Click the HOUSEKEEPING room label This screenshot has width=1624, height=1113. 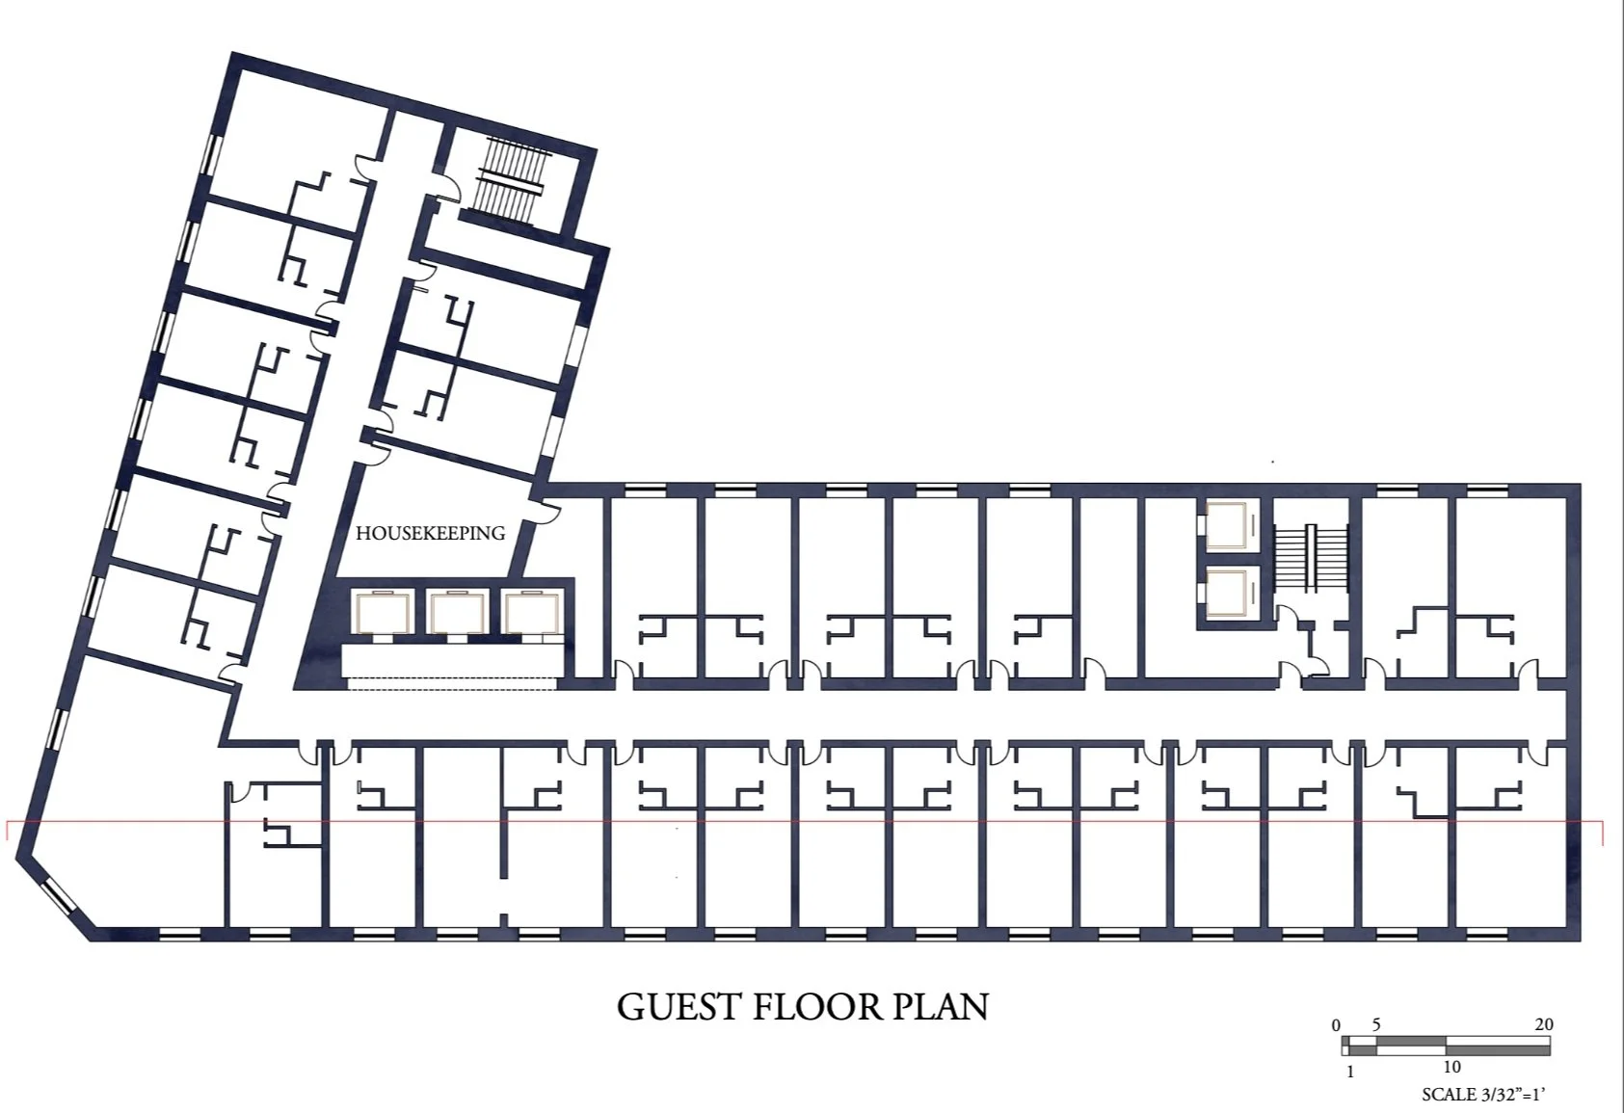tap(430, 533)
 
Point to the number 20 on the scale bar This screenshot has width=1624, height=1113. tap(1544, 1024)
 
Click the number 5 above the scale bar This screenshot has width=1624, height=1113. tap(1376, 1024)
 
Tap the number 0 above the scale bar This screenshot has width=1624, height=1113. tap(1336, 1026)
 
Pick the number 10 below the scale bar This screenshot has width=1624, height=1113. tap(1451, 1068)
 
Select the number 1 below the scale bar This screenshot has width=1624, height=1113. tap(1350, 1072)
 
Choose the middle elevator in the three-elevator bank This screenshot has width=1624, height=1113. tap(457, 613)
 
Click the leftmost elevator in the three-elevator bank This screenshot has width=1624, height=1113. tap(384, 613)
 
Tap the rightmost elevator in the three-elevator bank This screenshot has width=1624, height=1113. tap(531, 613)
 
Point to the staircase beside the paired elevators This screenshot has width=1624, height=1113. tap(1310, 555)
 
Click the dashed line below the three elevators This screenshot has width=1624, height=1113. tap(452, 678)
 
